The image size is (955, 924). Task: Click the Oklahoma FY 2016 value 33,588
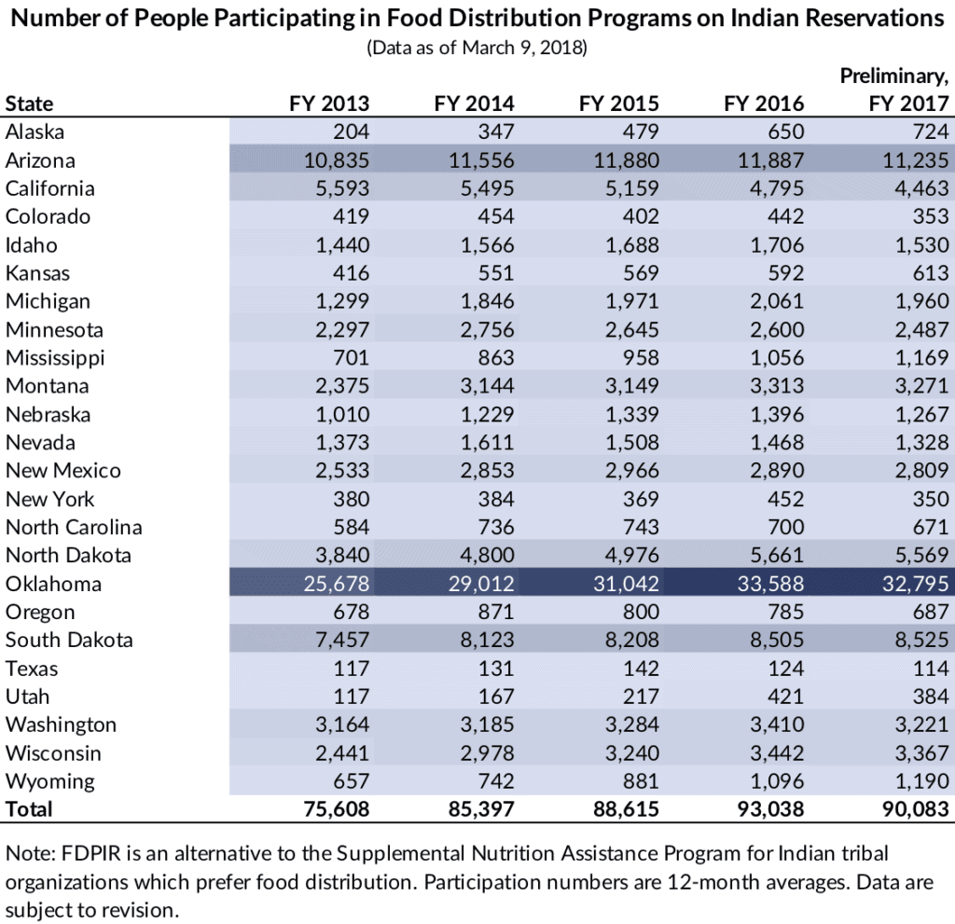(x=763, y=585)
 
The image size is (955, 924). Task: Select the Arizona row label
(x=40, y=160)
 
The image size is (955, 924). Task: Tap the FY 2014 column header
(x=474, y=103)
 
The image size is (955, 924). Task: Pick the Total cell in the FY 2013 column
(x=329, y=809)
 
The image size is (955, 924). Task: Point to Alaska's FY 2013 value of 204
(x=351, y=132)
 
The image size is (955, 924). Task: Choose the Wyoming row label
(x=49, y=781)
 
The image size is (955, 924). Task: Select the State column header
(x=29, y=103)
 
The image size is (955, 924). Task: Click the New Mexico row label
(x=62, y=471)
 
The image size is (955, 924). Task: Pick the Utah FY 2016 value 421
(x=784, y=696)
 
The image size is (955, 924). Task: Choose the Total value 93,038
(x=763, y=809)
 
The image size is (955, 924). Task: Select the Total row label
(x=29, y=809)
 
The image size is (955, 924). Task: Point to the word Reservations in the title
(x=864, y=19)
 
